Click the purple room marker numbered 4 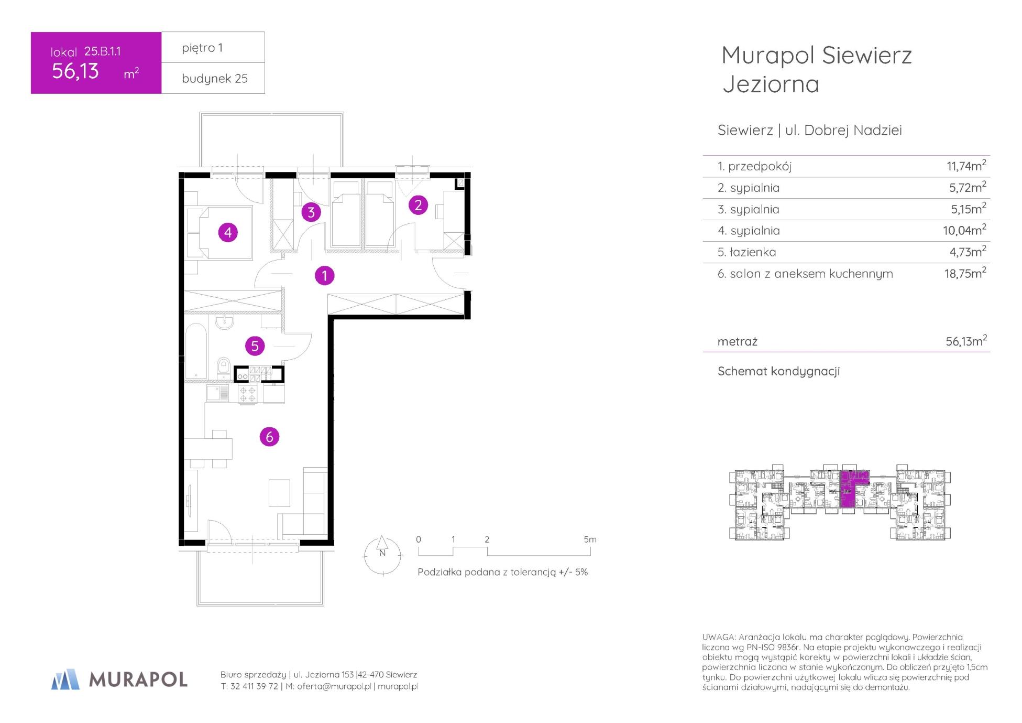(x=228, y=232)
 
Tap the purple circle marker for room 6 (x=269, y=436)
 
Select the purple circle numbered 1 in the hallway (x=324, y=275)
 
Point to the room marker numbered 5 (x=255, y=346)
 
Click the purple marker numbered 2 (x=418, y=205)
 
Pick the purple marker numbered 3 (x=311, y=212)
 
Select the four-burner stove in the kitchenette (x=248, y=394)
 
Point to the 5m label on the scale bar (x=590, y=539)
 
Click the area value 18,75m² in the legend (x=965, y=273)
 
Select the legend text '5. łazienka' (x=746, y=252)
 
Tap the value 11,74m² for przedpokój (x=966, y=166)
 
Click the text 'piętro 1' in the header (x=202, y=48)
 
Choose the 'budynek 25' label (x=215, y=79)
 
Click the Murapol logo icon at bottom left (x=65, y=679)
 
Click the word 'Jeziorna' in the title (x=771, y=84)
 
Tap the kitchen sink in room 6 (x=217, y=393)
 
